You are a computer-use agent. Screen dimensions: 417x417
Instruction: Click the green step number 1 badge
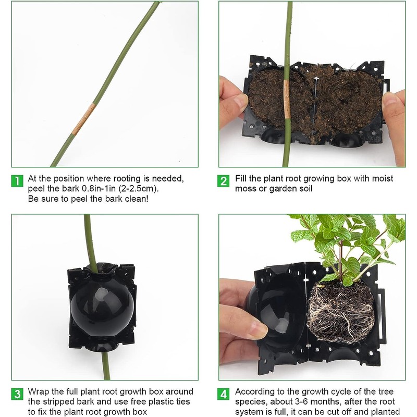click(18, 181)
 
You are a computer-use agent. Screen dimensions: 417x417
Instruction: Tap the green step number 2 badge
click(224, 181)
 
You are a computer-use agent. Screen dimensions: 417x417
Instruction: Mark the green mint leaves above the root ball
click(344, 240)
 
